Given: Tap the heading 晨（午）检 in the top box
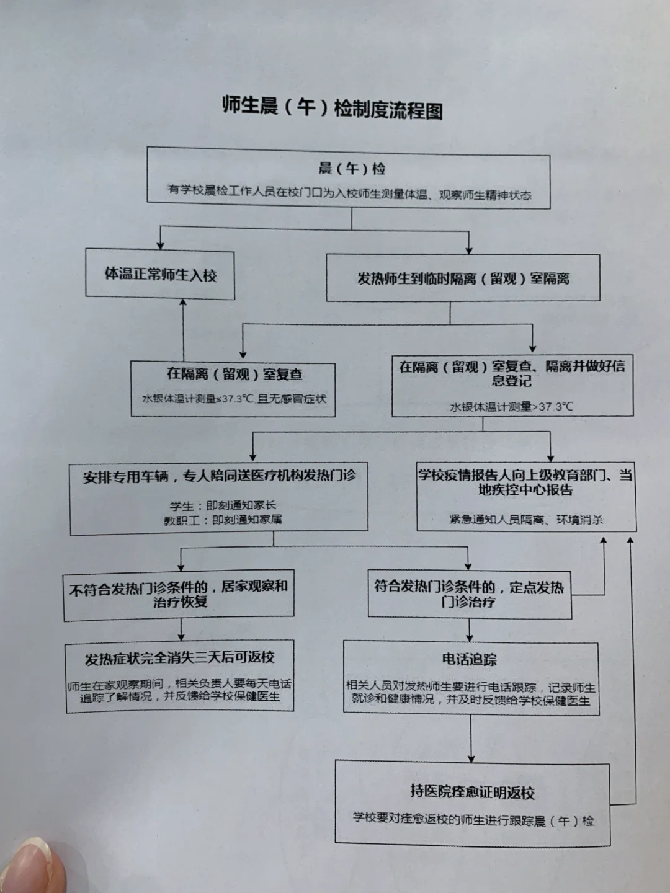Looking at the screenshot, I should [352, 168].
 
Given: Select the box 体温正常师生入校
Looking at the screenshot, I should [160, 274].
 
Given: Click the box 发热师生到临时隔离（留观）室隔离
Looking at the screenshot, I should [463, 278].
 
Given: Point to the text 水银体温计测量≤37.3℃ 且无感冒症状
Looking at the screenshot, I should [234, 398].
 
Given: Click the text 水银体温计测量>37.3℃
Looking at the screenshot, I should [512, 407].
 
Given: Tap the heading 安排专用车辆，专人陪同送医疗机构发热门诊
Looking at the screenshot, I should [219, 476].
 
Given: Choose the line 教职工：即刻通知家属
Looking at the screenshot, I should [223, 520].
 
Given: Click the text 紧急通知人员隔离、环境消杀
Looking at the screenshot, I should [525, 520].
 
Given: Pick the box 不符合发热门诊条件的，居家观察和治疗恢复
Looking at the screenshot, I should [179, 594].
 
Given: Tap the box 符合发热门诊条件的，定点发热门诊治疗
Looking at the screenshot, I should [469, 593].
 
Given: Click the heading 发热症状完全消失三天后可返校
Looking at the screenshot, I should [179, 657].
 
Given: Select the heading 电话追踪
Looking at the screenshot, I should [469, 659].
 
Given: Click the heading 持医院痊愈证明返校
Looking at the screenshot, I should [472, 792].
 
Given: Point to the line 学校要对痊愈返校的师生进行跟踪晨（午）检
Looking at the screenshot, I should [473, 820].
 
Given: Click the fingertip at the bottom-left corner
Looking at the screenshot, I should [31, 865].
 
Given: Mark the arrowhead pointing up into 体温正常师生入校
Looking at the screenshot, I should [183, 303].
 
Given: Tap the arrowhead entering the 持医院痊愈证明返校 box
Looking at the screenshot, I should [471, 757].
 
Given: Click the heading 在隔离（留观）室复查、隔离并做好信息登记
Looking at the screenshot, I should [512, 373].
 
